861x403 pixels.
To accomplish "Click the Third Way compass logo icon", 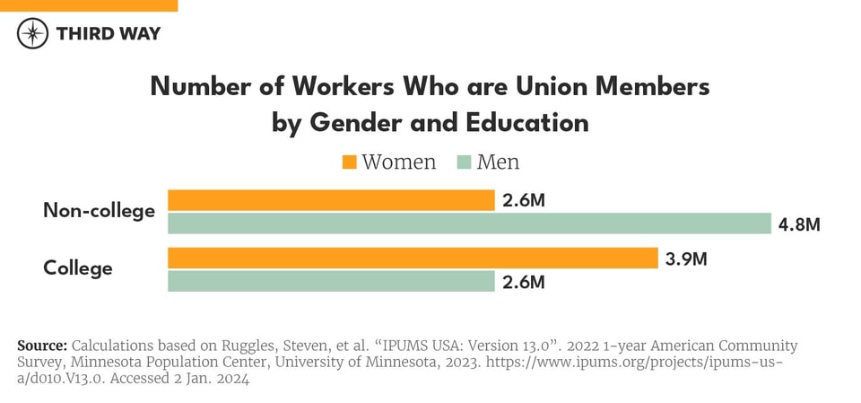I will point(33,33).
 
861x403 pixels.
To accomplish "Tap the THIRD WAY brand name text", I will point(109,33).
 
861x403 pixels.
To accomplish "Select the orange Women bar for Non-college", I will point(331,200).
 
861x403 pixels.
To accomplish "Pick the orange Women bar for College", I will point(413,258).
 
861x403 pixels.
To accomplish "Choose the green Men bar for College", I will point(331,282).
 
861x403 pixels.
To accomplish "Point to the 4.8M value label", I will point(799,224).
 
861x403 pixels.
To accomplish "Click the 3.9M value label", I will point(686,259).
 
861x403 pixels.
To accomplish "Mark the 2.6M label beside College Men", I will point(524,283).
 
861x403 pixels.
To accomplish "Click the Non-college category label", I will point(99,211).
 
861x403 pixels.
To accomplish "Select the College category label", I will point(78,268).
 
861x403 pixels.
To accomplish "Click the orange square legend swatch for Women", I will point(349,162).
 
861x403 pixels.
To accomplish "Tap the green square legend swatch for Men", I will point(464,162).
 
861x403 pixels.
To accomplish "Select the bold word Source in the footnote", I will point(41,346).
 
